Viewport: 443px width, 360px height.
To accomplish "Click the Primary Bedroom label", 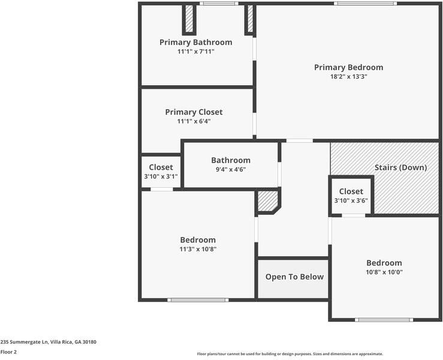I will [x=348, y=67].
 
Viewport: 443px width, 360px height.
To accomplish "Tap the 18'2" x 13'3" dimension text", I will [x=348, y=77].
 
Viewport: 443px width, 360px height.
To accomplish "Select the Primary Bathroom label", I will [x=195, y=42].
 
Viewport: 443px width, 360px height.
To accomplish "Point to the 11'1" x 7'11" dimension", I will [x=195, y=52].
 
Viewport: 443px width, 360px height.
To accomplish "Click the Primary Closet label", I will [x=194, y=112].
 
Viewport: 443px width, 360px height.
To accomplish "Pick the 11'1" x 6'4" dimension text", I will [x=194, y=121].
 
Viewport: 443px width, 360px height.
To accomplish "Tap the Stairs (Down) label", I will [x=400, y=167].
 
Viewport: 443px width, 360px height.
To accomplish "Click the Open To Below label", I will [x=294, y=277].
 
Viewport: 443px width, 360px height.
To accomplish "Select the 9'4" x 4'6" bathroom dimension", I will [x=230, y=169].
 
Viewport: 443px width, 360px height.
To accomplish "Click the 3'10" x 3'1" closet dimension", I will [x=161, y=177].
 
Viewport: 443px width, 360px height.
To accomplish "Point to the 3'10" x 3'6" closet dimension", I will [x=351, y=201].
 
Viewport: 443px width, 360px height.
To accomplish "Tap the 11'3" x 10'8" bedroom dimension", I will [x=198, y=249].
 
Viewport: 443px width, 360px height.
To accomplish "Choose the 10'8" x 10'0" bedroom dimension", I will [x=384, y=272].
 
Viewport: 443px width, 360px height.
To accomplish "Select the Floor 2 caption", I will [x=8, y=352].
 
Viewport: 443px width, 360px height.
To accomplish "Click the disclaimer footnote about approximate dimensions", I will [x=290, y=354].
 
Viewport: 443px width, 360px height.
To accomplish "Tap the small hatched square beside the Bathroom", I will [x=267, y=201].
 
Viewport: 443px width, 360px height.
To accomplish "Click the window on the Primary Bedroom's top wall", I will [x=364, y=4].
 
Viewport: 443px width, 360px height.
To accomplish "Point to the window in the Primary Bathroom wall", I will [x=218, y=4].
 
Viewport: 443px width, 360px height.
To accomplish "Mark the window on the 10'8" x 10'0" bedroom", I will [x=384, y=319].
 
